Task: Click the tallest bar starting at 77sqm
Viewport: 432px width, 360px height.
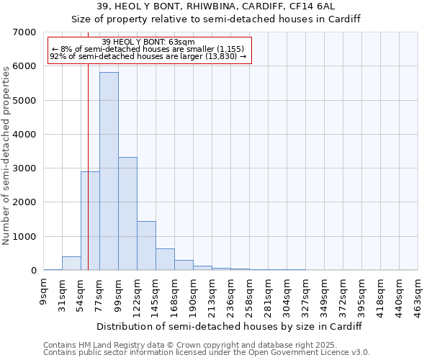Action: (x=109, y=171)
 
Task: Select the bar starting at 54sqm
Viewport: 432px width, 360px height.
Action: (x=90, y=220)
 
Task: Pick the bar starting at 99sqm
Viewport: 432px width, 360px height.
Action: (x=127, y=214)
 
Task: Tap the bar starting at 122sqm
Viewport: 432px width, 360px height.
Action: (x=146, y=246)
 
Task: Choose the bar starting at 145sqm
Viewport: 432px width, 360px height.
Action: (x=165, y=259)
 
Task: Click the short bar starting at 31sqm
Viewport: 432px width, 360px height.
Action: (x=71, y=264)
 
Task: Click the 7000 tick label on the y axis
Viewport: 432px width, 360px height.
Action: (x=24, y=32)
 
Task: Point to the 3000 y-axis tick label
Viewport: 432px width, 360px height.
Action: (x=24, y=168)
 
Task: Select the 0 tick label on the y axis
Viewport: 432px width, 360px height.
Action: (x=33, y=271)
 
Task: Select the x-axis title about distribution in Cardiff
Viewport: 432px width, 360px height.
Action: (x=229, y=326)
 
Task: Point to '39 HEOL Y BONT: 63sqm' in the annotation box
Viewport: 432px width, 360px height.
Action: (x=148, y=42)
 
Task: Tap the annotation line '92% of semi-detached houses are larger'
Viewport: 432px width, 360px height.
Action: (x=148, y=55)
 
